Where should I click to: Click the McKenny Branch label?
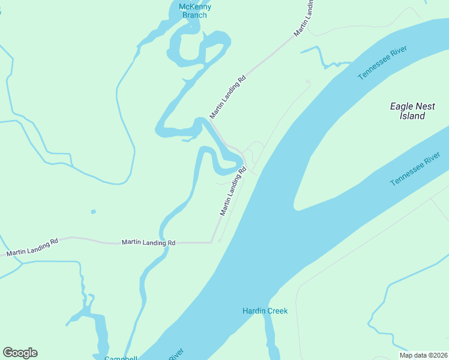click(x=195, y=11)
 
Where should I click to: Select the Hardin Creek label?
click(x=265, y=311)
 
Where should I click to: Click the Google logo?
click(x=20, y=353)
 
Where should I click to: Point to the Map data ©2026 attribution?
click(x=424, y=355)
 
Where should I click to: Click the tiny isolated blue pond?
click(x=92, y=211)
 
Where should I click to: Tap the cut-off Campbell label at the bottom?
click(x=121, y=358)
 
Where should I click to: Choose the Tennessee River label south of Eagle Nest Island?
click(x=415, y=169)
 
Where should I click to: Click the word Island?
click(x=412, y=116)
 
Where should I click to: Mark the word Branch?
click(x=195, y=15)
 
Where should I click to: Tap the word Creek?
click(x=278, y=311)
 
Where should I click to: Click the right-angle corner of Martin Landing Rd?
click(x=212, y=242)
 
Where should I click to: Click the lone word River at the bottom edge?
click(x=175, y=355)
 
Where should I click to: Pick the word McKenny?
click(x=195, y=7)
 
